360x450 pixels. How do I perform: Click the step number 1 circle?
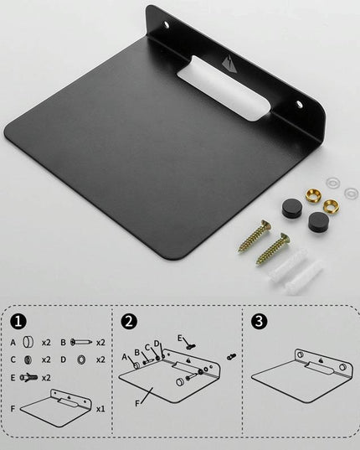pyautogui.click(x=18, y=321)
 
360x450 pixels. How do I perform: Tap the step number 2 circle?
pyautogui.click(x=129, y=321)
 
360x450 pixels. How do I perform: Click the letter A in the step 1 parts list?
pyautogui.click(x=13, y=343)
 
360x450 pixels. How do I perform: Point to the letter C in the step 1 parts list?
pyautogui.click(x=13, y=359)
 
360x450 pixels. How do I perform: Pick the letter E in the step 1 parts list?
pyautogui.click(x=13, y=377)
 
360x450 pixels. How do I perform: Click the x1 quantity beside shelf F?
pyautogui.click(x=100, y=409)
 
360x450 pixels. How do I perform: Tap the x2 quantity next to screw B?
pyautogui.click(x=100, y=343)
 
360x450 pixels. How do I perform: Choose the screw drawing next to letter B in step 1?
pyautogui.click(x=81, y=343)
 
